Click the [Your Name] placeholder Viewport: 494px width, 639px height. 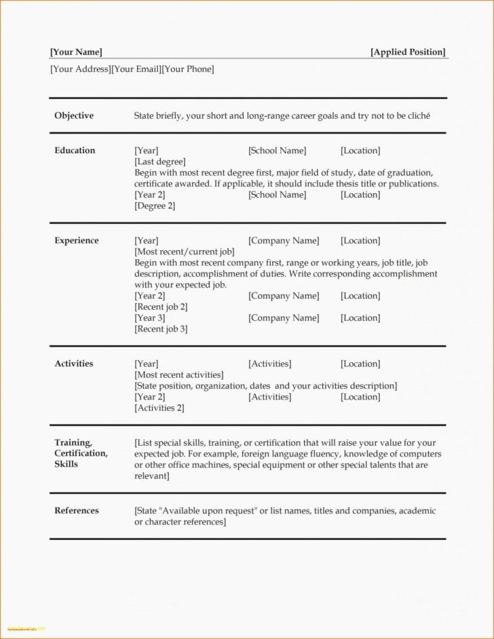pos(76,52)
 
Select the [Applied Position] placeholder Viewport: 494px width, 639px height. pos(408,52)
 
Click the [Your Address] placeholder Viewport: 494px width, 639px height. pos(80,69)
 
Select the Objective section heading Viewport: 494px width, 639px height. pos(74,115)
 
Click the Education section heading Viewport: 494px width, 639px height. pos(75,151)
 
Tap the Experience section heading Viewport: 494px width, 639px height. pos(76,240)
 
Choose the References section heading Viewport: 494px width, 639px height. pos(76,511)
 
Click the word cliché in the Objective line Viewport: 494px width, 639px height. pos(419,116)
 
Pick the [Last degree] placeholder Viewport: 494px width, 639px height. pos(160,161)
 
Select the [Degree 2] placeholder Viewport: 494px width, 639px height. pos(155,206)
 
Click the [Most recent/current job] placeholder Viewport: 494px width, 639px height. pos(185,252)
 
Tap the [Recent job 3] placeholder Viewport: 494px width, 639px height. pos(161,329)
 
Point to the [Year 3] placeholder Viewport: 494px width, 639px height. pos(150,317)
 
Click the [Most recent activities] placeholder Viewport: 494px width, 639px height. pos(179,374)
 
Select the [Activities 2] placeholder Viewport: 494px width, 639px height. pos(159,408)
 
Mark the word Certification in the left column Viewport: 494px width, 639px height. pos(81,453)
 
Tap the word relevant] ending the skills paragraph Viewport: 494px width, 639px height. pos(151,476)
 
